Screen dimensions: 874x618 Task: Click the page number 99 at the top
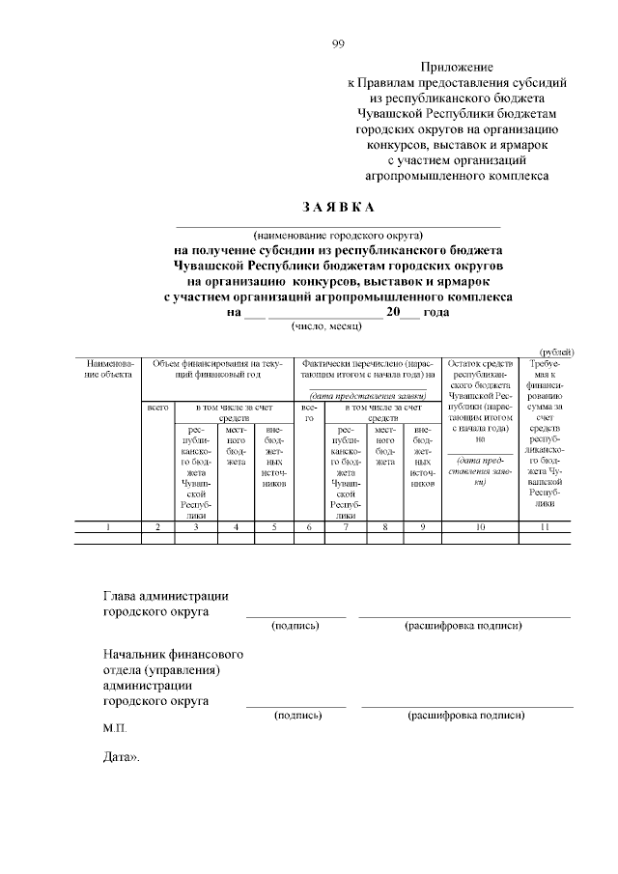click(338, 42)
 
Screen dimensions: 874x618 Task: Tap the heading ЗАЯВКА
click(337, 208)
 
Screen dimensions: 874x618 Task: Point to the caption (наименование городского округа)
click(338, 234)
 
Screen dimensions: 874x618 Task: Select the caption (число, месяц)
click(325, 326)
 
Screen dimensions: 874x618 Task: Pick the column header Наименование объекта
click(108, 368)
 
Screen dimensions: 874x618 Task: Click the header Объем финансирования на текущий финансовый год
click(216, 368)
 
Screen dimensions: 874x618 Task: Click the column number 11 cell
click(545, 527)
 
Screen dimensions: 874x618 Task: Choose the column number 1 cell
click(108, 527)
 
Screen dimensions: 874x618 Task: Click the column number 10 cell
click(480, 527)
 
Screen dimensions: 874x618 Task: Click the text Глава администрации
click(165, 594)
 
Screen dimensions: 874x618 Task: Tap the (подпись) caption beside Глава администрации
click(295, 626)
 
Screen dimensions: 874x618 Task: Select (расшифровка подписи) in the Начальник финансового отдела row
click(466, 716)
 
